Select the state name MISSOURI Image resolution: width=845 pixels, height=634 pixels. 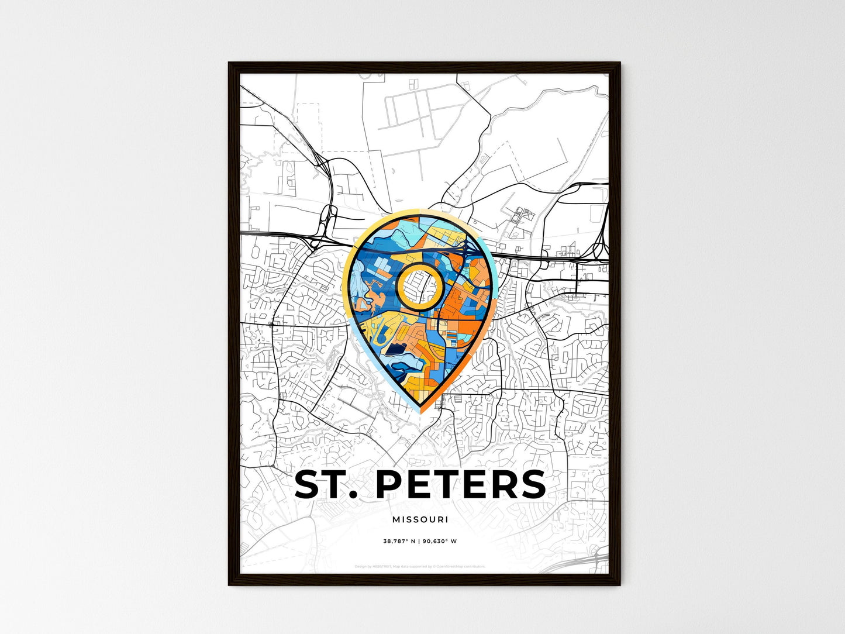pyautogui.click(x=420, y=519)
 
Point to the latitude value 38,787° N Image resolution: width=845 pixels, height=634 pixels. pyautogui.click(x=399, y=541)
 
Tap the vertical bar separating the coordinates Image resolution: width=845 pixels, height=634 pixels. pyautogui.click(x=419, y=541)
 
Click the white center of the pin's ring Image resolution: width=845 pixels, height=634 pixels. pyautogui.click(x=419, y=285)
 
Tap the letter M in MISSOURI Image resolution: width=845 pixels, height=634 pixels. pyautogui.click(x=396, y=519)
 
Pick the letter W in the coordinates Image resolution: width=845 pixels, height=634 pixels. pyautogui.click(x=454, y=541)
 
